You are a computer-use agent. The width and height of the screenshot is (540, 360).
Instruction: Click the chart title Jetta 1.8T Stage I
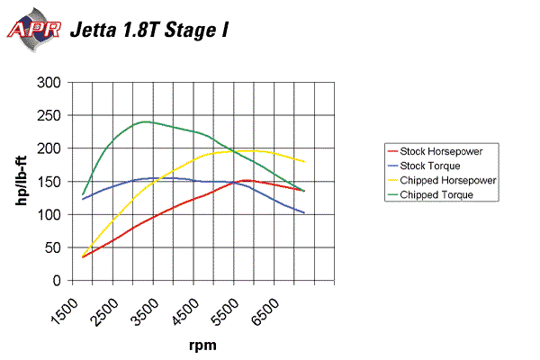pyautogui.click(x=149, y=29)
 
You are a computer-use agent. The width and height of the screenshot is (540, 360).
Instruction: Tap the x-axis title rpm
pyautogui.click(x=202, y=344)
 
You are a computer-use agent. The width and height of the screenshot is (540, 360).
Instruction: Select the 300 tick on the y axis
pyautogui.click(x=50, y=83)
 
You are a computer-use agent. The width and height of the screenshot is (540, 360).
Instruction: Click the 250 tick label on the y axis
pyautogui.click(x=50, y=115)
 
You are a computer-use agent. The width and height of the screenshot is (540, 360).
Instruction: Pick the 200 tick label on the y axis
pyautogui.click(x=50, y=148)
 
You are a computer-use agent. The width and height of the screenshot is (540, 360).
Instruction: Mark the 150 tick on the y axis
pyautogui.click(x=50, y=181)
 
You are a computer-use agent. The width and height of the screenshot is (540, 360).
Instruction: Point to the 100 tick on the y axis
pyautogui.click(x=50, y=214)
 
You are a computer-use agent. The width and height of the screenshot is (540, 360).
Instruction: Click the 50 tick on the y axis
pyautogui.click(x=54, y=247)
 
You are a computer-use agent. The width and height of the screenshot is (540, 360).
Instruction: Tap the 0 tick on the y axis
pyautogui.click(x=58, y=280)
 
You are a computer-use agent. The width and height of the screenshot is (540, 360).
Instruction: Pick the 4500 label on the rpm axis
pyautogui.click(x=193, y=304)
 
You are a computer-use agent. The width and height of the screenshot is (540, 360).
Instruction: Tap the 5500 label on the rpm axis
pyautogui.click(x=234, y=304)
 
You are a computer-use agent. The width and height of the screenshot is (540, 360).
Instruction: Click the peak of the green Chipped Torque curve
pyautogui.click(x=145, y=121)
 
